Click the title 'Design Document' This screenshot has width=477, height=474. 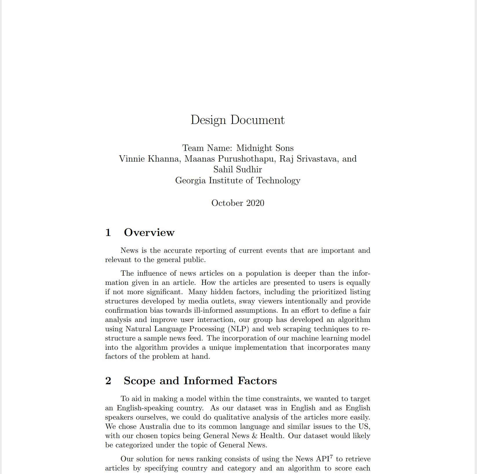point(238,120)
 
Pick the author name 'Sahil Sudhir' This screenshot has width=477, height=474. point(238,169)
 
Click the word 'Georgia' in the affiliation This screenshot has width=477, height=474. point(191,180)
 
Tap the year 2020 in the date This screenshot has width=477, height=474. point(255,203)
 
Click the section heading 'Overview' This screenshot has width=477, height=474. point(149,233)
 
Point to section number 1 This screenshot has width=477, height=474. point(108,233)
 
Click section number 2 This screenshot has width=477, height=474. point(108,381)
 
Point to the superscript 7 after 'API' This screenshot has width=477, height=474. point(332,457)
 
